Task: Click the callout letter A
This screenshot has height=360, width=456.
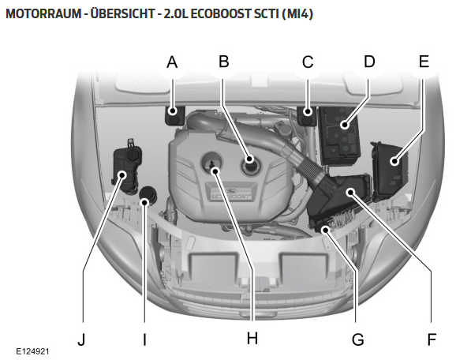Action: click(x=172, y=62)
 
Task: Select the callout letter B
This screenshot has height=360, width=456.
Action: click(x=223, y=62)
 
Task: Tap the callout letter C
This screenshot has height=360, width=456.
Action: click(x=308, y=62)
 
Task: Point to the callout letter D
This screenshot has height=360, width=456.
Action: click(x=369, y=62)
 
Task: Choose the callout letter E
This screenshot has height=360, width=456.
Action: click(x=424, y=62)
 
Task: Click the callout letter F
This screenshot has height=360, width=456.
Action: click(x=432, y=339)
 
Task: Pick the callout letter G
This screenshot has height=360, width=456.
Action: click(x=357, y=339)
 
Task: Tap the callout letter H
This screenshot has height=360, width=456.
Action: click(x=252, y=339)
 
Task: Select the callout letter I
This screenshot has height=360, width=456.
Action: click(x=144, y=339)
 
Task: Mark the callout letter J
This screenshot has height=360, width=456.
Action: click(x=82, y=339)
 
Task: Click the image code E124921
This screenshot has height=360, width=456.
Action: click(x=32, y=351)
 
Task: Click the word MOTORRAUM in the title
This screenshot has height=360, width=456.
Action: click(x=43, y=13)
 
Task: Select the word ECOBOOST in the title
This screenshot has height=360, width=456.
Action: click(x=221, y=13)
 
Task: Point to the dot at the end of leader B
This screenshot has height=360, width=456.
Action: click(x=249, y=159)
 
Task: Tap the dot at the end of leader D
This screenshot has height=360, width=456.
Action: click(x=345, y=126)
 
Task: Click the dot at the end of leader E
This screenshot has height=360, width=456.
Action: click(x=394, y=161)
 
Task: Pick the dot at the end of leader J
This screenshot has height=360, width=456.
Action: click(x=122, y=175)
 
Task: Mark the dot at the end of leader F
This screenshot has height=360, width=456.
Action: click(x=351, y=192)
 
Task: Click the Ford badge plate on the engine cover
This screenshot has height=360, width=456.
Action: click(x=231, y=193)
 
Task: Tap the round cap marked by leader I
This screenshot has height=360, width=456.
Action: click(x=148, y=196)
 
